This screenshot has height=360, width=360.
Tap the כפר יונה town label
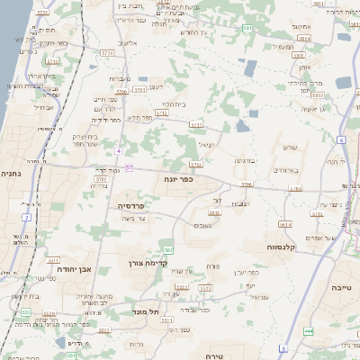point(178,180)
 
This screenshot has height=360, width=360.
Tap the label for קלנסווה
point(284,246)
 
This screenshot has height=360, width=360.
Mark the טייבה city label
point(343,286)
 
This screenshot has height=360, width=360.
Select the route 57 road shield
point(130,167)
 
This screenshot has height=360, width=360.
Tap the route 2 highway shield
point(27,217)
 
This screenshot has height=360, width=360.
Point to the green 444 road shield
point(309,331)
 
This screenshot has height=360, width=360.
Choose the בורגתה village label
point(245,159)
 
